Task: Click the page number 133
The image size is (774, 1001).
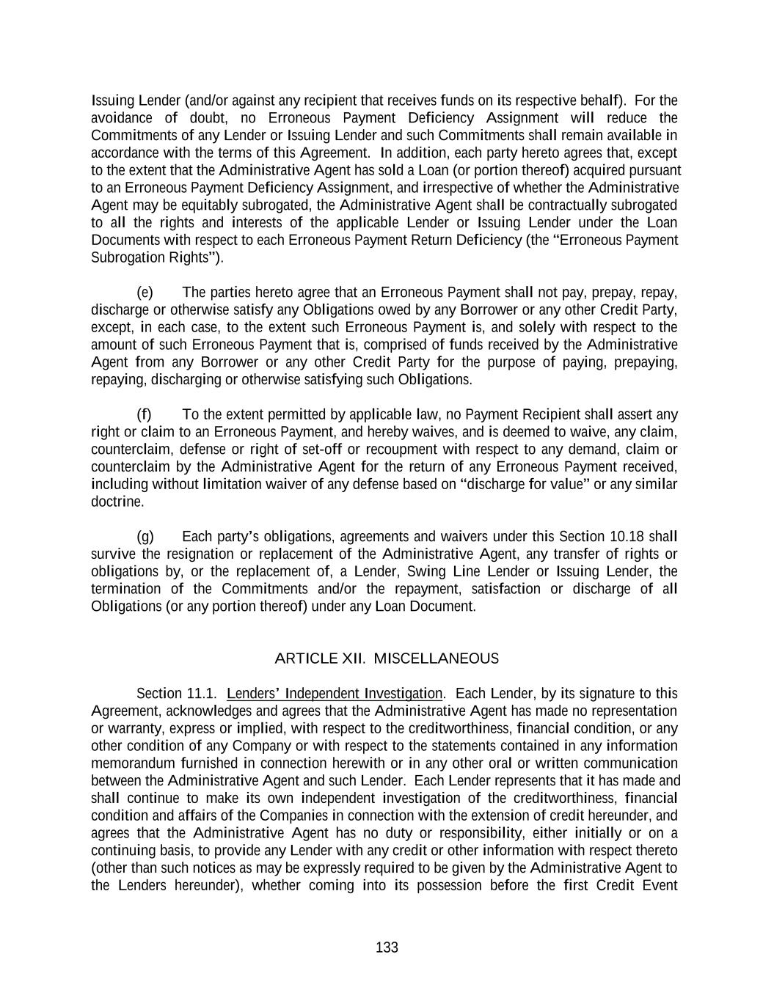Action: point(387,947)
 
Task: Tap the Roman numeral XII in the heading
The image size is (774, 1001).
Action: point(353,659)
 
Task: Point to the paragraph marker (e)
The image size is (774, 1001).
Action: point(145,293)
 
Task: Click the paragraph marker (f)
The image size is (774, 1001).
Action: point(144,415)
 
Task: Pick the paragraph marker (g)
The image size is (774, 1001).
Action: point(145,537)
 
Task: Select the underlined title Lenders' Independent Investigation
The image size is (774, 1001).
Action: point(335,694)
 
